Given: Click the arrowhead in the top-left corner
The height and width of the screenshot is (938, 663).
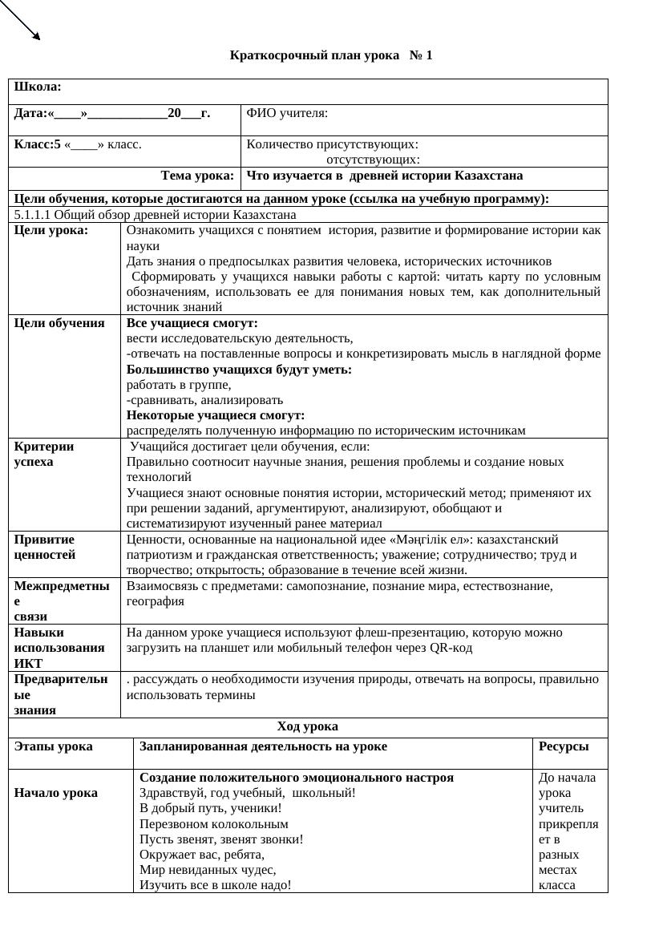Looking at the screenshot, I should coord(35,35).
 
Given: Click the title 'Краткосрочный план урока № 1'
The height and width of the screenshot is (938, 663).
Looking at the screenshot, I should coord(330,55).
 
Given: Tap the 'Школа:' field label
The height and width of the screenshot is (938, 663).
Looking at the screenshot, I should coord(38,87).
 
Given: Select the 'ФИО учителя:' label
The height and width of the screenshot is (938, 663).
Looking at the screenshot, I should coord(287,113).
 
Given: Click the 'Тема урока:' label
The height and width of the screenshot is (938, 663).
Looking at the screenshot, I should coord(197,176).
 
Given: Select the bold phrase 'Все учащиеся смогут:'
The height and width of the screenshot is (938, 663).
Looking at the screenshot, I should coord(192,323).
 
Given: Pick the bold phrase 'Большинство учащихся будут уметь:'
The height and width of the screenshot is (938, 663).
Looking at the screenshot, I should coord(239,370).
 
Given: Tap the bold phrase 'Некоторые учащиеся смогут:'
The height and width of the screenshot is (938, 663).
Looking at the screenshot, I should coord(216,415).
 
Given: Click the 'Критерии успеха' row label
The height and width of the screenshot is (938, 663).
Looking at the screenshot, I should coord(44,455).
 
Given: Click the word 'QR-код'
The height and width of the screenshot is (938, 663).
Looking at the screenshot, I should coord(451,648).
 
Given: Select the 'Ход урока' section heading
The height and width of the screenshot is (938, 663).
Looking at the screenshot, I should coord(307,727).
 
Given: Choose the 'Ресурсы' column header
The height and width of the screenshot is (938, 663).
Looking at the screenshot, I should coord(564,746).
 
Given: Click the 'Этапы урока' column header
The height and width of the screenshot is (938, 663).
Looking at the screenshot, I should coord(53,746).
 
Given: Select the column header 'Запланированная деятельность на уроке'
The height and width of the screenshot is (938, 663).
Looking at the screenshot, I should coord(263,746).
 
